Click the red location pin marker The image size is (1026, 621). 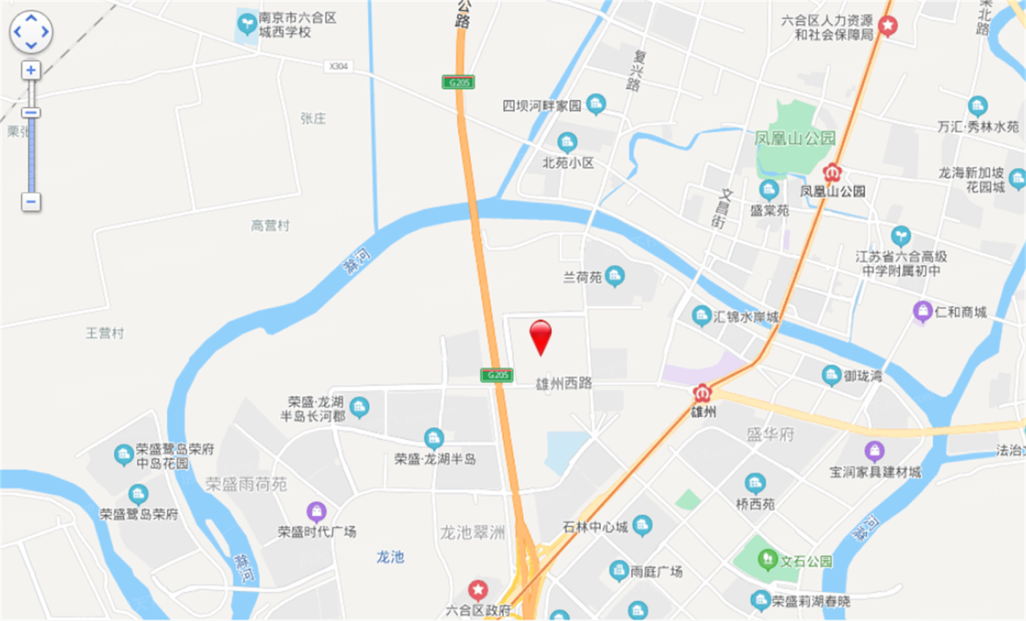pyautogui.click(x=541, y=336)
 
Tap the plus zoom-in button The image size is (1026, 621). pyautogui.click(x=31, y=70)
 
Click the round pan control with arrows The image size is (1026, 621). pyautogui.click(x=31, y=32)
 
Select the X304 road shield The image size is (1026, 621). pyautogui.click(x=338, y=67)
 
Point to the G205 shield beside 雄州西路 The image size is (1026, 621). pyautogui.click(x=496, y=375)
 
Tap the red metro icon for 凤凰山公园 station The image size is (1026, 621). pyautogui.click(x=832, y=173)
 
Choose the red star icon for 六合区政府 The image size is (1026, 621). pyautogui.click(x=478, y=589)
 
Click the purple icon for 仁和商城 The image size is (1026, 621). pyautogui.click(x=922, y=311)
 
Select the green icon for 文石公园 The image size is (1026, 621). pyautogui.click(x=768, y=560)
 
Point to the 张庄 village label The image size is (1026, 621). pyautogui.click(x=313, y=119)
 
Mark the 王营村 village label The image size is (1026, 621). pyautogui.click(x=105, y=334)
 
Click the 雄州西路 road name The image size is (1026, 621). pyautogui.click(x=564, y=383)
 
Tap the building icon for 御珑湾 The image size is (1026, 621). pyautogui.click(x=831, y=375)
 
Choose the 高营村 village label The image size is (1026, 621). pyautogui.click(x=270, y=226)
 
